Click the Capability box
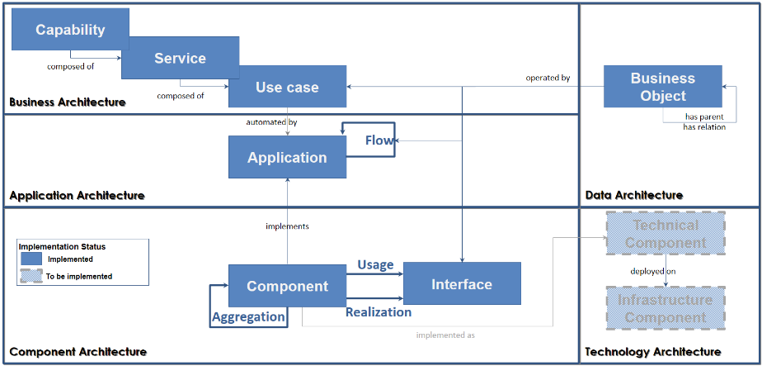70,30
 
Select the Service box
180,58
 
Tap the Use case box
287,87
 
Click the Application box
287,157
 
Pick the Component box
287,286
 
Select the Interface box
462,284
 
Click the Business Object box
663,87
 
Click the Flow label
379,140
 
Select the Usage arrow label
375,264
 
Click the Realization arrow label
378,311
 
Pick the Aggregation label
248,316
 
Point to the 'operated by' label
548,78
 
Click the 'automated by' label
271,122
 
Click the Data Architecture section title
633,195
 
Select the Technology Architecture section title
652,352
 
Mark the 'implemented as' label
445,335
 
